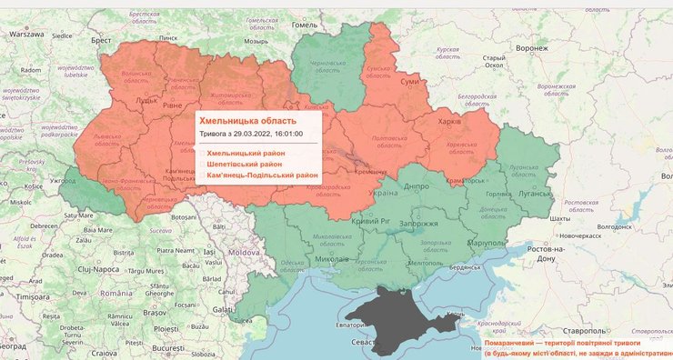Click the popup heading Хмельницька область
(x=247, y=120)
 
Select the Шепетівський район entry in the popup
(x=245, y=164)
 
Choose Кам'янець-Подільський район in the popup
(x=263, y=175)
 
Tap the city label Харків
(x=449, y=122)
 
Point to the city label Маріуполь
(x=486, y=244)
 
